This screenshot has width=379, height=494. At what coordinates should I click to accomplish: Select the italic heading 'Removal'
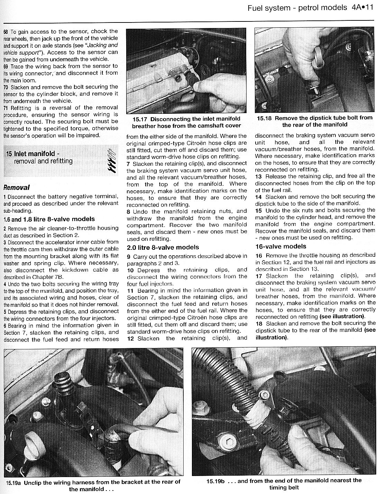[x=16, y=188]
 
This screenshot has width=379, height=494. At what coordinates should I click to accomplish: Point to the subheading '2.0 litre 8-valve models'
[x=163, y=247]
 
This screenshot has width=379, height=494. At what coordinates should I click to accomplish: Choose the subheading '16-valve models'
[x=280, y=246]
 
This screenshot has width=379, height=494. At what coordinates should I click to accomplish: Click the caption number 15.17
[x=141, y=119]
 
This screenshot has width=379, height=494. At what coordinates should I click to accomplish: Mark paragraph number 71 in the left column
[x=6, y=108]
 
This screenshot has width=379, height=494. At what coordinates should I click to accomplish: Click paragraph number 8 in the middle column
[x=128, y=211]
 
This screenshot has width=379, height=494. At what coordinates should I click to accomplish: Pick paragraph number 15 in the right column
[x=259, y=210]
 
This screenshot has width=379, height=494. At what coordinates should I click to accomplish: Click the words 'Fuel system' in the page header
[x=269, y=7]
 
